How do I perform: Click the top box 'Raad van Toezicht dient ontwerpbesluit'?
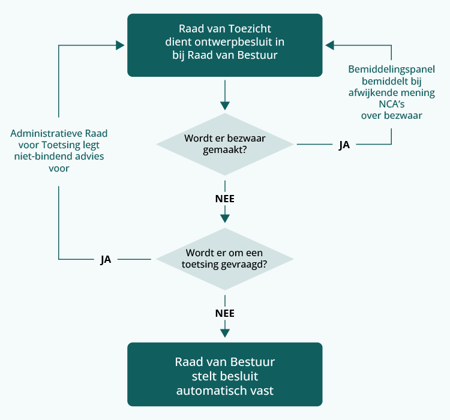pos(224,45)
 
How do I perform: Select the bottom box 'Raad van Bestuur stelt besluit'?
pos(224,374)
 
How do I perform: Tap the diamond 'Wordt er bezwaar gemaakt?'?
pos(224,144)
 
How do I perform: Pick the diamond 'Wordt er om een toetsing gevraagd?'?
pos(224,259)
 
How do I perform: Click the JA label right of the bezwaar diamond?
pos(344,145)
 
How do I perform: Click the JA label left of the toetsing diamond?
pos(106,260)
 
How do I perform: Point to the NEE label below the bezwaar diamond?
pos(224,199)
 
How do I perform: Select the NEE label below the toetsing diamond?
pos(224,313)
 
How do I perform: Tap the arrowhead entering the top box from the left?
pos(120,44)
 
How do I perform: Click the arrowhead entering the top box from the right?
pos(329,44)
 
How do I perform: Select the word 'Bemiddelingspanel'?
pos(391,69)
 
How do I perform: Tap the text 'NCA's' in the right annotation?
pos(391,104)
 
